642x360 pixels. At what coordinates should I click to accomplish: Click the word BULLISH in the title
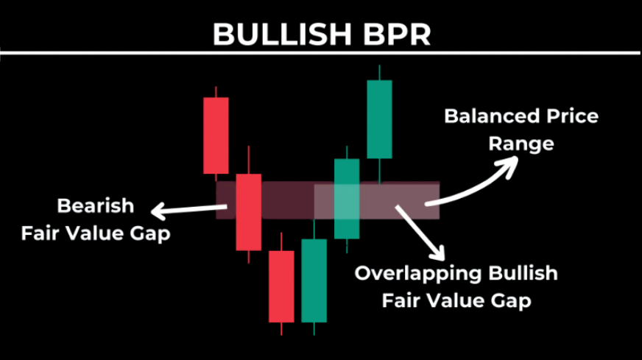(x=282, y=35)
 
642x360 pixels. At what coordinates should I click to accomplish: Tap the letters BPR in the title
(x=397, y=35)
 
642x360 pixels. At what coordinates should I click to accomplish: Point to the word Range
(x=521, y=144)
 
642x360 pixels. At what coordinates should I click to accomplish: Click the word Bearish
(x=96, y=205)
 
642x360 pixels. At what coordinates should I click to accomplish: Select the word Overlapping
(x=417, y=274)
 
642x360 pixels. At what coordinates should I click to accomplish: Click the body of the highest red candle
(x=216, y=135)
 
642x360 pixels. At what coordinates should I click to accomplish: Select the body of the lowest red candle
(x=281, y=286)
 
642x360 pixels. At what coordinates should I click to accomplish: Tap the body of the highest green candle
(x=380, y=119)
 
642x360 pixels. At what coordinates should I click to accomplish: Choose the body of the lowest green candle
(x=314, y=280)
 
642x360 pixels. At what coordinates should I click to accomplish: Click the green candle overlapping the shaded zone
(x=347, y=199)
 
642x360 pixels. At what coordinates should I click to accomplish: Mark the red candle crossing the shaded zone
(x=249, y=212)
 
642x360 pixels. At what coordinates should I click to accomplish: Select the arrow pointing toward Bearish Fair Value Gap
(x=189, y=210)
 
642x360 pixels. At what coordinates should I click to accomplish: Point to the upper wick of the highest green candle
(x=380, y=72)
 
